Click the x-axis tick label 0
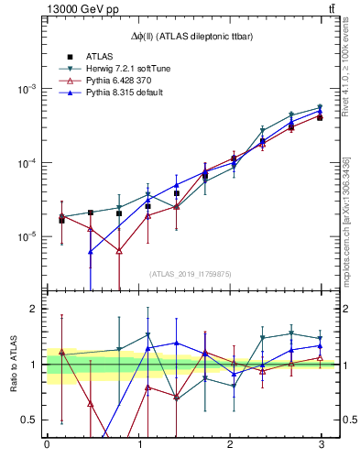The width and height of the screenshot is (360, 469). tap(47, 444)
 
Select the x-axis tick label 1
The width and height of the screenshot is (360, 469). tap(138, 444)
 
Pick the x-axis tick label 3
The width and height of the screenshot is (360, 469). tap(321, 444)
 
